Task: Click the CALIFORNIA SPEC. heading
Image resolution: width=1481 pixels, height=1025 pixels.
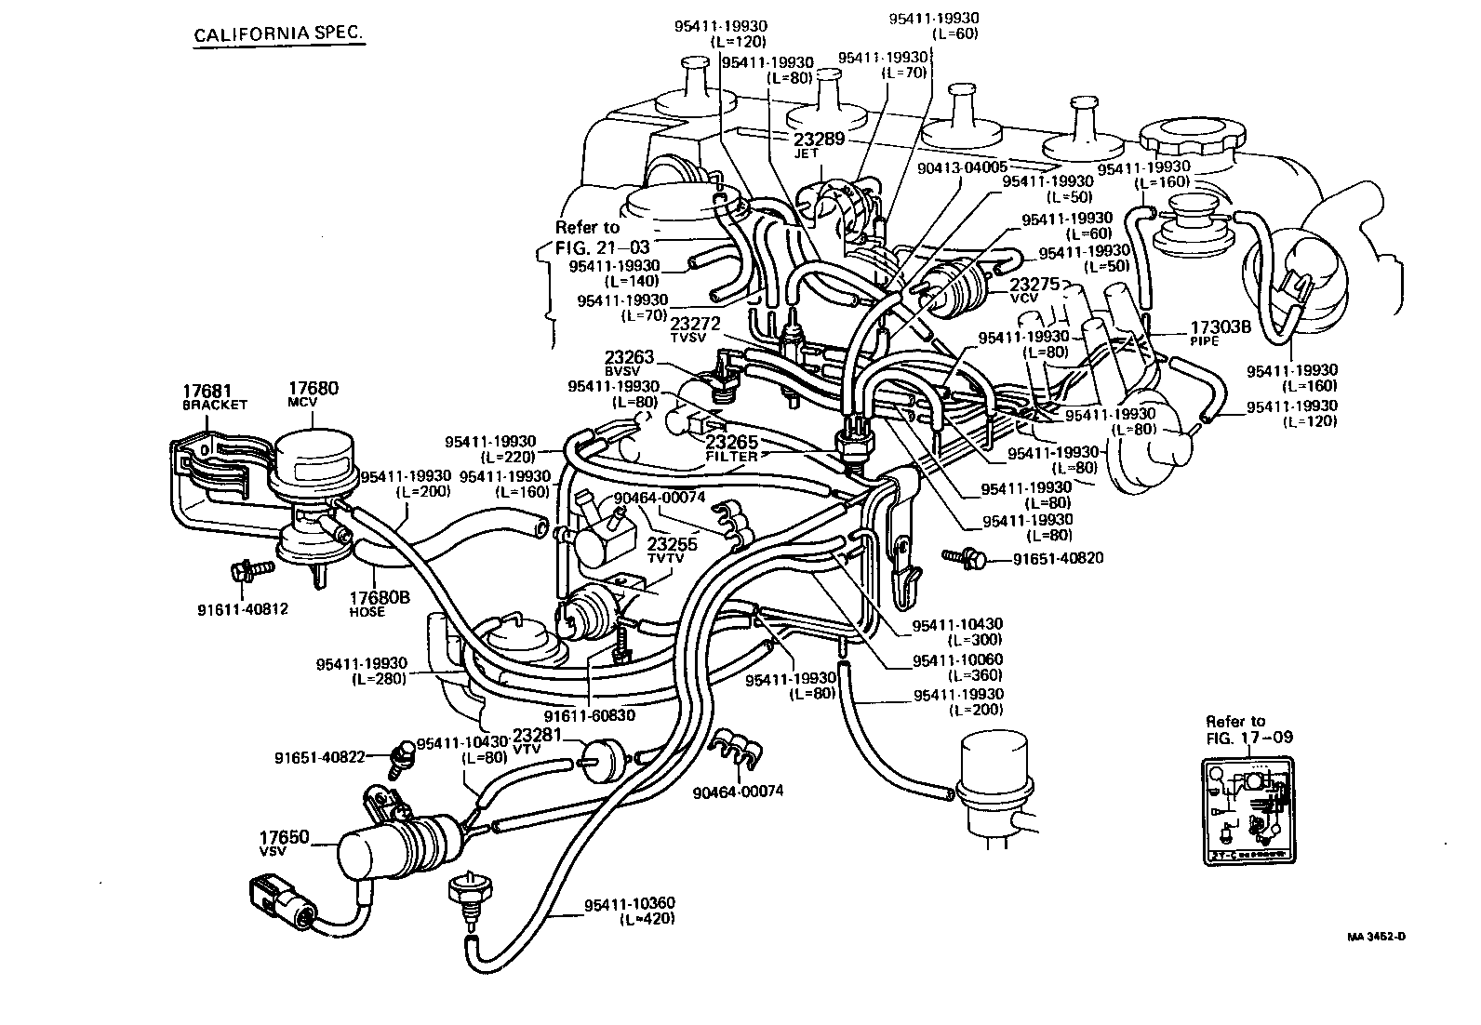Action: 277,35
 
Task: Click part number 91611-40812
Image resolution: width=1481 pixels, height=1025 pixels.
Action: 243,609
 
